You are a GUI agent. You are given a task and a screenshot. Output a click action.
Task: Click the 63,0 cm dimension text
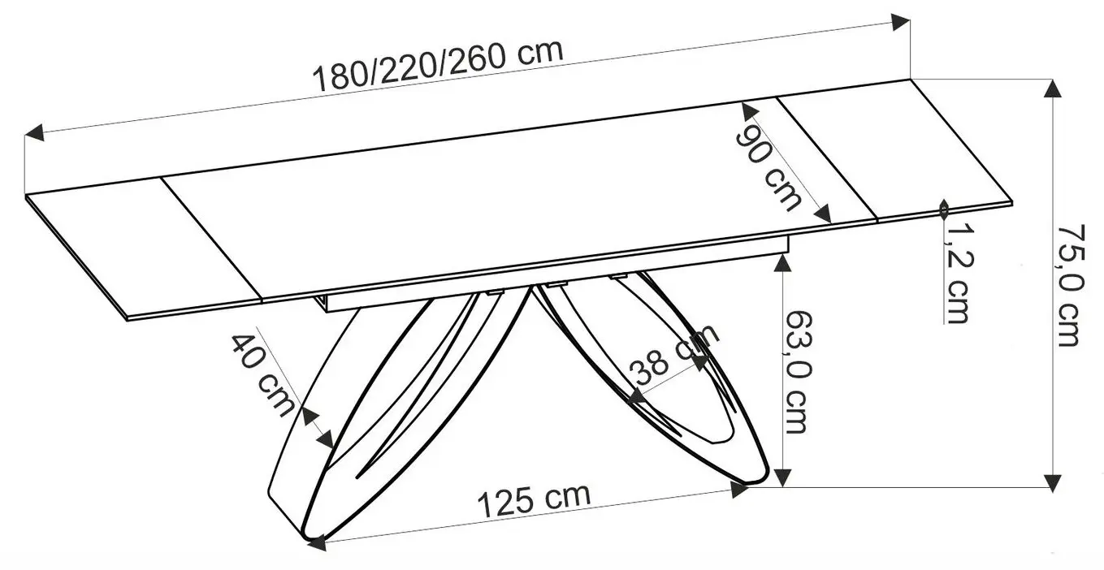click(x=796, y=373)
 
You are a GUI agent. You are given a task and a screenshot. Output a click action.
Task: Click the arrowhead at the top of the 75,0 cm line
click(x=1054, y=89)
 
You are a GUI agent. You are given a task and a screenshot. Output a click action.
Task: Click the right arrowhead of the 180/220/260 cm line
click(x=900, y=23)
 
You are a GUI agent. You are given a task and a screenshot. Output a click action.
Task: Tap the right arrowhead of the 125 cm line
click(x=739, y=489)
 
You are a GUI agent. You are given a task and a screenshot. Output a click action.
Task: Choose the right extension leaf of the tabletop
click(x=894, y=150)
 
